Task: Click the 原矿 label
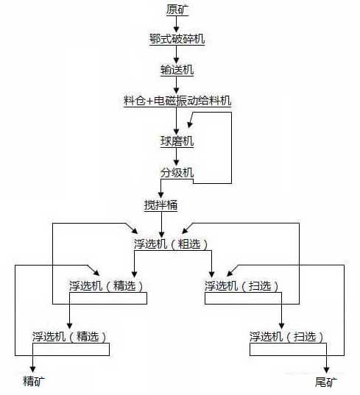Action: [177, 9]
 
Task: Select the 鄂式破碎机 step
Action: [177, 39]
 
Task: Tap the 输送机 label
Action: [177, 70]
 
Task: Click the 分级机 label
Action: [177, 173]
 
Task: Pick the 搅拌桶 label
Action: [161, 204]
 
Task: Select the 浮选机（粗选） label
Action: [172, 243]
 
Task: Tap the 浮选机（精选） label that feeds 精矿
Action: [70, 336]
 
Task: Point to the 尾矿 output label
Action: [325, 382]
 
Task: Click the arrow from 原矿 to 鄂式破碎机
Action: [177, 24]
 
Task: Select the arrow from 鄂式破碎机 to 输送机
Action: [177, 54]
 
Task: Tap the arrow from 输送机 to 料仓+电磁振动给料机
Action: [177, 85]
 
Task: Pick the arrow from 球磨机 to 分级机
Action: [177, 157]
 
